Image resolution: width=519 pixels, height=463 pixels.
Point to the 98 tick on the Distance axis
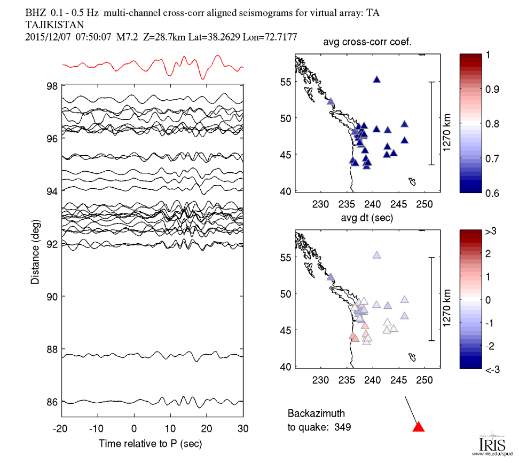(52, 85)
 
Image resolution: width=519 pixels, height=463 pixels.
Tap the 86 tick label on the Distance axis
(52, 402)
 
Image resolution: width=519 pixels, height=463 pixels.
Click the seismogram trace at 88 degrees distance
(152, 355)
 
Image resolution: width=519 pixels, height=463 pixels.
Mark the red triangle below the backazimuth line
(419, 426)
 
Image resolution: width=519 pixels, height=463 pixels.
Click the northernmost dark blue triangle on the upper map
(377, 79)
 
